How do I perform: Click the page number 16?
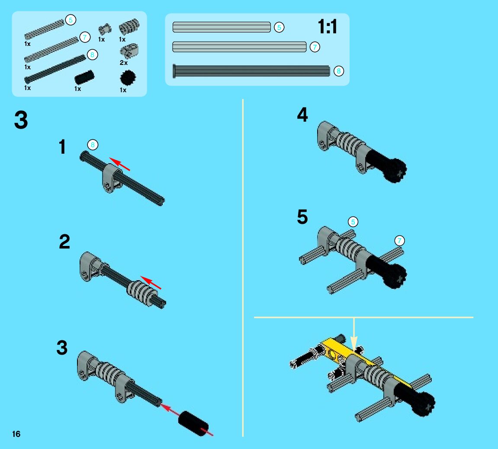(16, 434)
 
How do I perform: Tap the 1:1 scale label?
(327, 26)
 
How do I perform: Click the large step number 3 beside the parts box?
(21, 120)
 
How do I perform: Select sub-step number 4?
(302, 115)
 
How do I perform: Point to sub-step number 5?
(302, 217)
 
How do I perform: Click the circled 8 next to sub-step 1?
(93, 145)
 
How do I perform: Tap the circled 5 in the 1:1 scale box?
(279, 27)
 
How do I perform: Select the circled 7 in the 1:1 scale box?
(315, 47)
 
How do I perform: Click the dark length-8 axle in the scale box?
(251, 71)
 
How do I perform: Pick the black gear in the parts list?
(128, 78)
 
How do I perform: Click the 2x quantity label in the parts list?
(124, 63)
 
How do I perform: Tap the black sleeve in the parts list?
(84, 77)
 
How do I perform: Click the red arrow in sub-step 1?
(119, 164)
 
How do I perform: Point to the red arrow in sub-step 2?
(151, 282)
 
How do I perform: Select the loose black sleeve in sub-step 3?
(193, 423)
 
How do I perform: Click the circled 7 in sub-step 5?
(399, 241)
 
